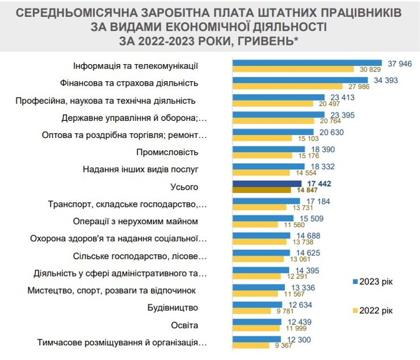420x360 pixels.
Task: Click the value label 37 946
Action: click(400, 63)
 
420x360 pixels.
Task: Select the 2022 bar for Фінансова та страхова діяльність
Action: click(290, 86)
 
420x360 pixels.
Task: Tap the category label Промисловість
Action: click(167, 152)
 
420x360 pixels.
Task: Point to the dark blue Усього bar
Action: click(266, 183)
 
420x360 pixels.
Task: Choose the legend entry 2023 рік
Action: click(372, 281)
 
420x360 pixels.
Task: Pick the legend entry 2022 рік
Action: click(372, 310)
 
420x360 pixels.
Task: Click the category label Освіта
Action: click(184, 325)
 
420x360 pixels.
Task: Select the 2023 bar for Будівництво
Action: click(257, 305)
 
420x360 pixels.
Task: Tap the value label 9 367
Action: click(283, 346)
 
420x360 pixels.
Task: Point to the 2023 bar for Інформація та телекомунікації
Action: click(307, 63)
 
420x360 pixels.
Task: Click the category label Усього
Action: click(184, 187)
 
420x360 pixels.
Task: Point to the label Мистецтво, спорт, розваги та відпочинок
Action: click(112, 291)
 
